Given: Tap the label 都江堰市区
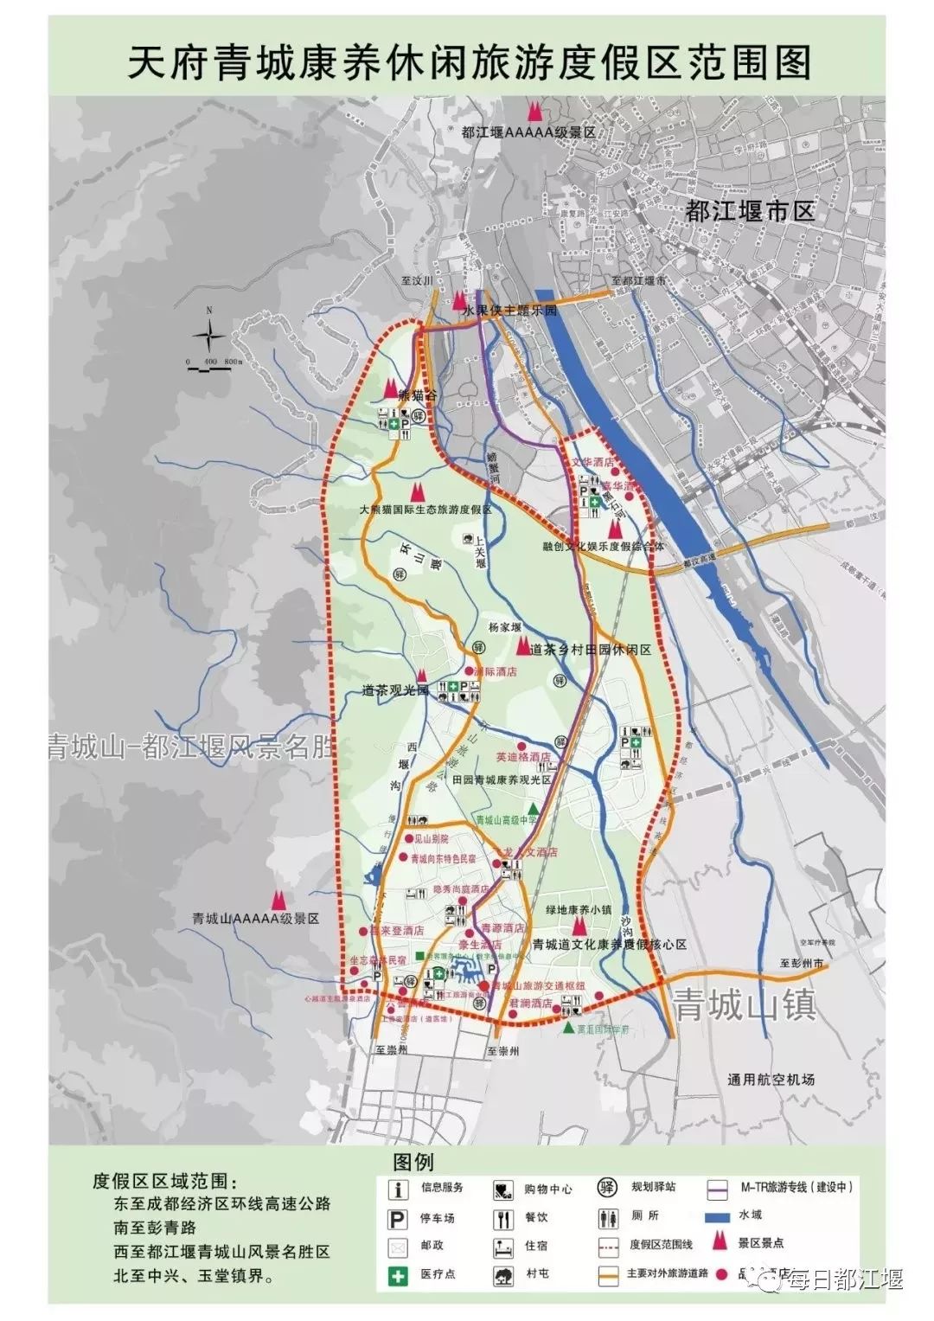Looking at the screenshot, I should tap(750, 212).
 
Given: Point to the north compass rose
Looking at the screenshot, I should tap(209, 334).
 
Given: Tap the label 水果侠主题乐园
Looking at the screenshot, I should tap(509, 310).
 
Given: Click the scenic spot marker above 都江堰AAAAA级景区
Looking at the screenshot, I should tap(535, 112).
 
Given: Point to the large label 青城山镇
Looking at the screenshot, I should tap(745, 1005).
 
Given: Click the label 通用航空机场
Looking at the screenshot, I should tap(771, 1080).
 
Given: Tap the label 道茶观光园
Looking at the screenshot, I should tap(395, 691).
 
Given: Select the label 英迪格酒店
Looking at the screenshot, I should tap(523, 758).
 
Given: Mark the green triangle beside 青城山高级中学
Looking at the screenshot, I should tap(534, 807).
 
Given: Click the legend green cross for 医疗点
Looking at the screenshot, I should tap(399, 1275).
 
